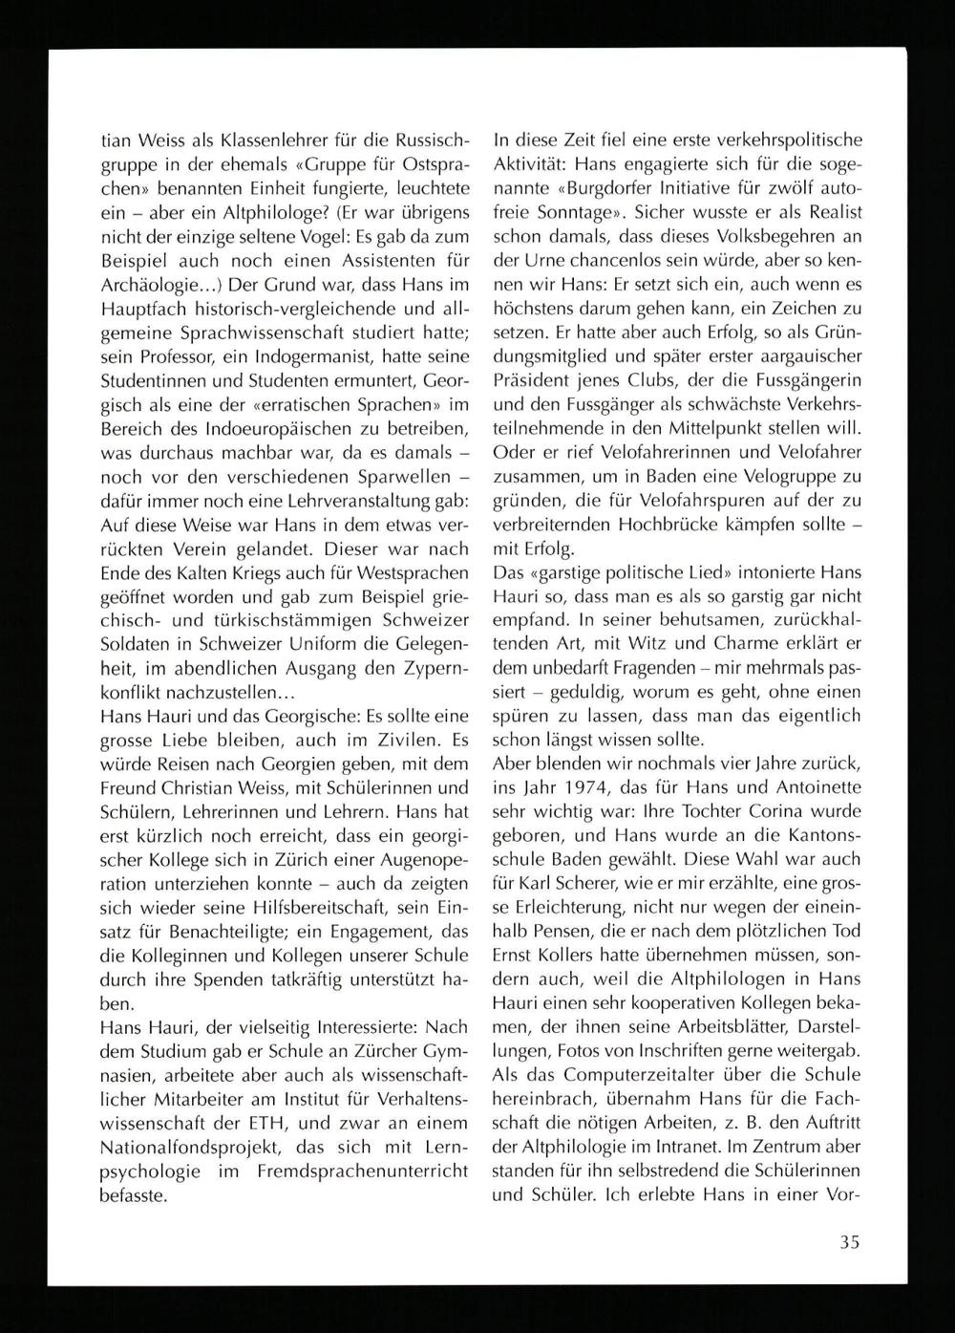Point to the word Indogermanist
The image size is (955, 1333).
click(x=302, y=378)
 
